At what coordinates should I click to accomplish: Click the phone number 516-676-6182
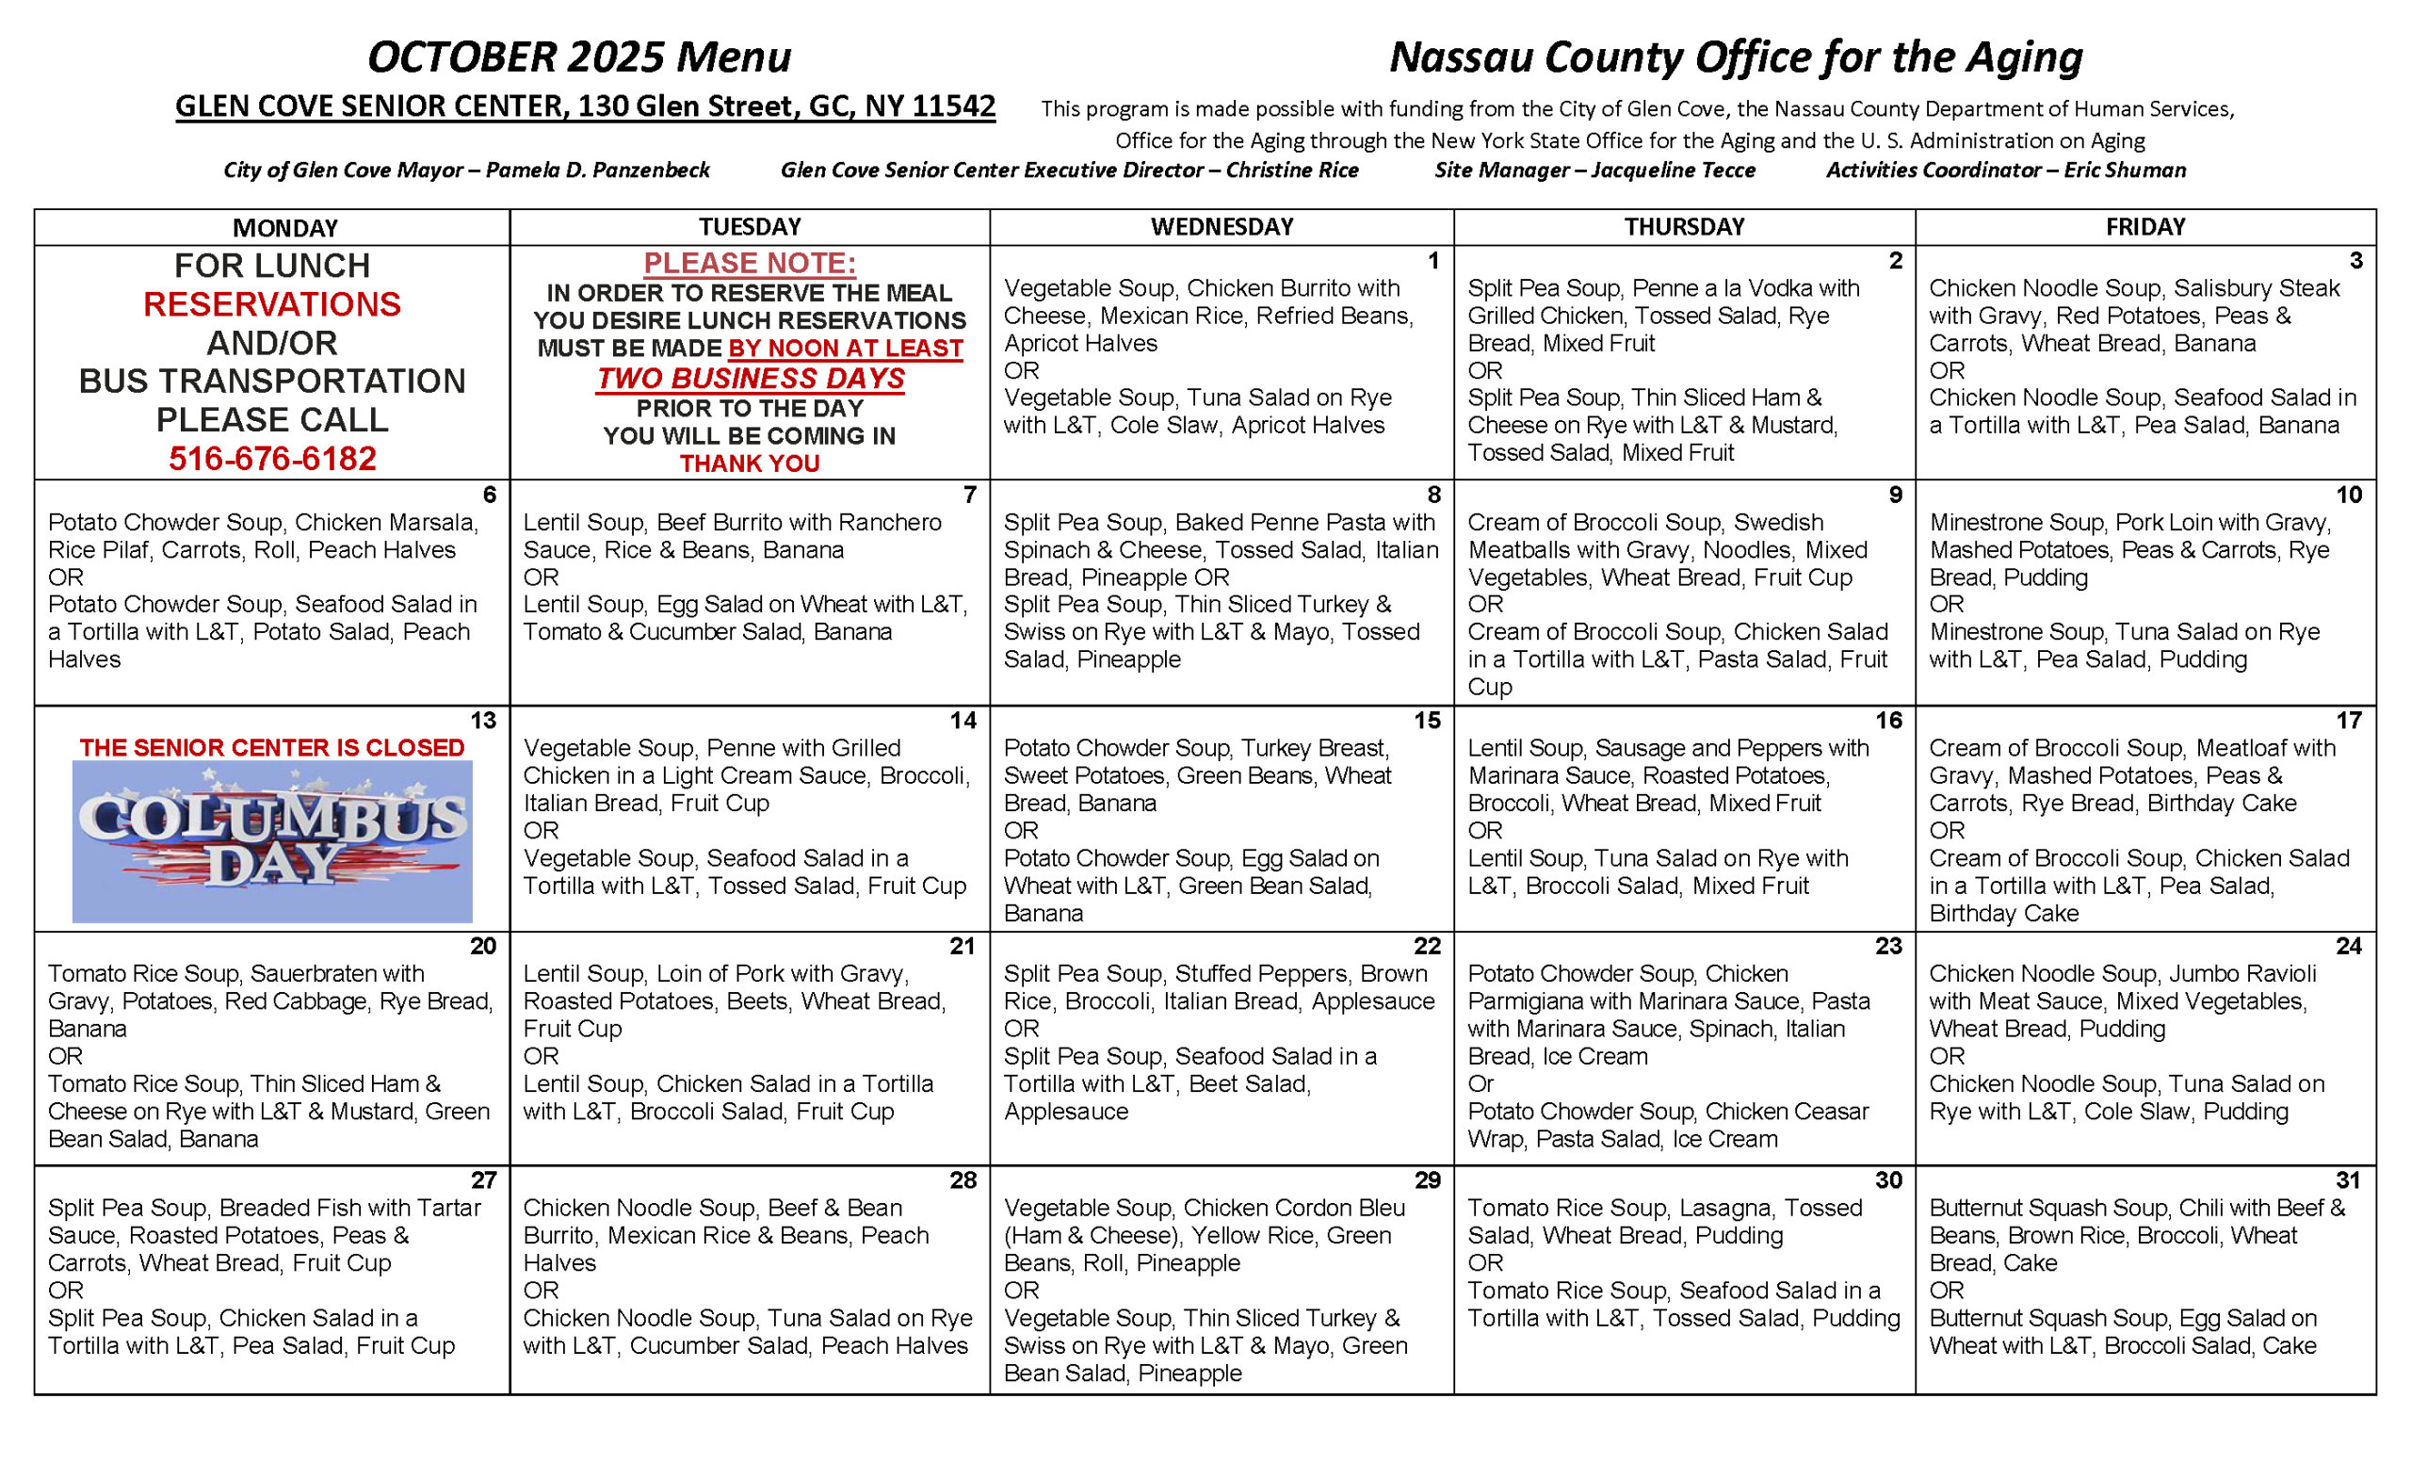pyautogui.click(x=272, y=458)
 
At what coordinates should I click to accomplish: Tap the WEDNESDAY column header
pyautogui.click(x=1222, y=227)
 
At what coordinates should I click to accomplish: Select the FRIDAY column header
pyautogui.click(x=2144, y=227)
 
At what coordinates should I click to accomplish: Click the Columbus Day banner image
pyautogui.click(x=272, y=841)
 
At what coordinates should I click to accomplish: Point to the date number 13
pyautogui.click(x=482, y=721)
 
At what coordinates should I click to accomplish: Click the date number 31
pyautogui.click(x=2349, y=1180)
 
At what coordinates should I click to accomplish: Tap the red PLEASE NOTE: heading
pyautogui.click(x=750, y=263)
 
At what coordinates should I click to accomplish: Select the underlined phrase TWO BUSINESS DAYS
pyautogui.click(x=751, y=378)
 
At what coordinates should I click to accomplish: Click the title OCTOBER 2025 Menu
pyautogui.click(x=579, y=57)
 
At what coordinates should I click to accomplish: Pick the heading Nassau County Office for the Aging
pyautogui.click(x=1736, y=57)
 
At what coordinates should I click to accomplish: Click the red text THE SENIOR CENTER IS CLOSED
pyautogui.click(x=272, y=748)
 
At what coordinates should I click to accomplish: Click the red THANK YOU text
pyautogui.click(x=750, y=464)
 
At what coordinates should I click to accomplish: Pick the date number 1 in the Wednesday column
pyautogui.click(x=1432, y=260)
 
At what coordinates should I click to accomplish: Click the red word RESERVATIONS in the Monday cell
pyautogui.click(x=272, y=304)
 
